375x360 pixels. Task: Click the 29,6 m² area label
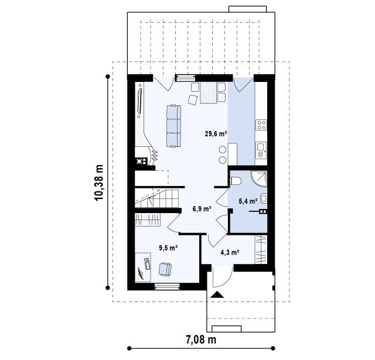coord(216,133)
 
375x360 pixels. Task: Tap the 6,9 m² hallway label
coord(202,209)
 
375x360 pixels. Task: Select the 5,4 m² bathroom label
coord(248,201)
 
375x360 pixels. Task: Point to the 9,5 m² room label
coord(168,248)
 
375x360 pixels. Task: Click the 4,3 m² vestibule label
coord(230,252)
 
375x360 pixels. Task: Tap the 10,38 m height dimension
coord(99,182)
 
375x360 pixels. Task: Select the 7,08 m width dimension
coord(201,340)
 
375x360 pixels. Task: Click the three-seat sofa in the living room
coord(173,126)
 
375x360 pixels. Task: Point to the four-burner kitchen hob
coord(261,125)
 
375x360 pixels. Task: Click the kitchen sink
coord(261,150)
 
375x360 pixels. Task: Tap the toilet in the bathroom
coord(236,181)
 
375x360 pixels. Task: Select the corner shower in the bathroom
coord(259,179)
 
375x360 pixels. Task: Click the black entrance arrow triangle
coord(217,294)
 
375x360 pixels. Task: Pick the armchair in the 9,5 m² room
coord(165,269)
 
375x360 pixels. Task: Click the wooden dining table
coord(209,92)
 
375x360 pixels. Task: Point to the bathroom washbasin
coord(264,198)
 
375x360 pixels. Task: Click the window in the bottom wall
coord(167,286)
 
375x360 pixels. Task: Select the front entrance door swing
coord(223,276)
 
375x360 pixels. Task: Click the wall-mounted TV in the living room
coord(139,101)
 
